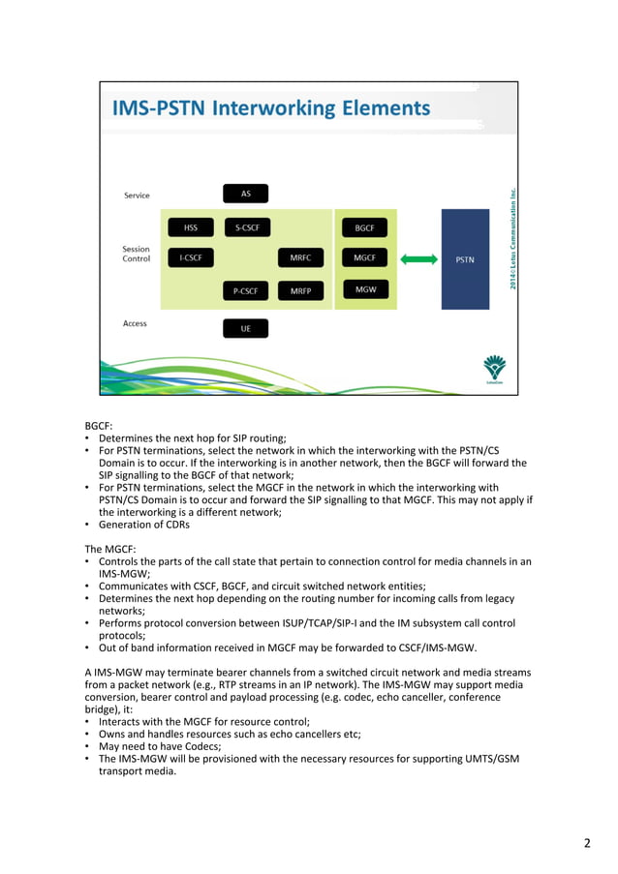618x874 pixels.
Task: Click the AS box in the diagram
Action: coord(245,194)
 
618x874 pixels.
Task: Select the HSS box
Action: coord(191,227)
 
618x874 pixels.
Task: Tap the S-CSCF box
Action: coord(245,227)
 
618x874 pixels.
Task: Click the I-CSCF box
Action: coord(191,258)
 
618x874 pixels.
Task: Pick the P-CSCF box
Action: coord(245,290)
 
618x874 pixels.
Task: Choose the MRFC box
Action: coord(300,258)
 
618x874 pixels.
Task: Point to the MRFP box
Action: coord(300,290)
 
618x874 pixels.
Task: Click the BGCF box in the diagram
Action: coord(365,227)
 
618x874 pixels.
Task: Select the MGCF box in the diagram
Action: coord(365,258)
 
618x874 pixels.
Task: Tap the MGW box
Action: coord(365,289)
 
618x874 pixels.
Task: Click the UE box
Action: coord(245,329)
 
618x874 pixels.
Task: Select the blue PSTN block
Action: coord(465,259)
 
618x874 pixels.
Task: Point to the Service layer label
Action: coord(137,196)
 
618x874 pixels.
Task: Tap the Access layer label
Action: coord(135,323)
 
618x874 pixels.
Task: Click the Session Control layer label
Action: coord(136,254)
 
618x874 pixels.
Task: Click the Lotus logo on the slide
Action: coord(494,369)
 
